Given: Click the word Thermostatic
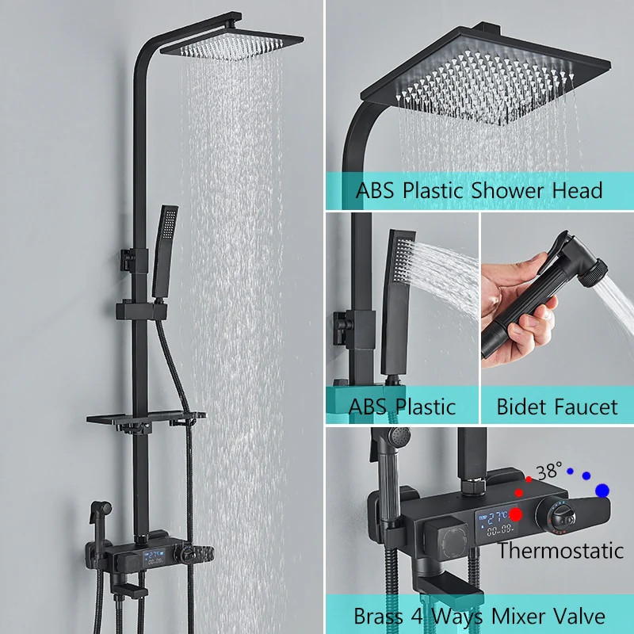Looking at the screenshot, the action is coord(560,550).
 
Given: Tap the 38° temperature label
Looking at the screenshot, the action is coord(549,471).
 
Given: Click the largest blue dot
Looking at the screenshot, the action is coord(602,491).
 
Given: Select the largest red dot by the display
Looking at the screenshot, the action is coord(516,514).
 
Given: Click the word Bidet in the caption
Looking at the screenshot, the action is coord(519,407).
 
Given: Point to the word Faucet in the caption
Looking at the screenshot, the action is coord(582,407).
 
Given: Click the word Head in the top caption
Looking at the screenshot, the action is coord(578,190).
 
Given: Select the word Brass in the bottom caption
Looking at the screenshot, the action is coord(379,617).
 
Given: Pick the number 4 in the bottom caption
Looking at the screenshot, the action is coord(417,617).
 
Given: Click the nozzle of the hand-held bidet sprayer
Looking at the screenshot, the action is coord(594,273).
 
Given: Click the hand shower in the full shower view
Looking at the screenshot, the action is coord(165,251).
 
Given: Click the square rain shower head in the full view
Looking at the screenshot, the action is coord(231,45).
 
